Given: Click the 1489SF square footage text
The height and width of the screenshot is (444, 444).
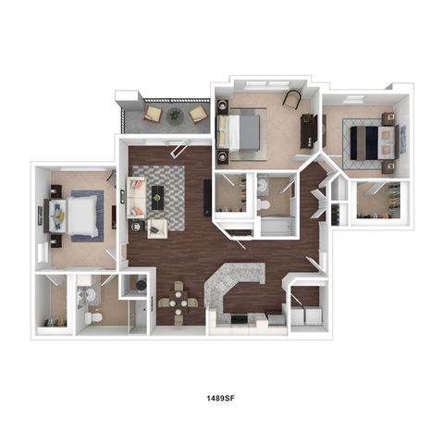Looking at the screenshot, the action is pyautogui.click(x=221, y=398).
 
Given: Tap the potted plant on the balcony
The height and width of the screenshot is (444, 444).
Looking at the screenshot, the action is pyautogui.click(x=175, y=116).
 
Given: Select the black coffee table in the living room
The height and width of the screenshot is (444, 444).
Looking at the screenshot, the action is pyautogui.click(x=157, y=197).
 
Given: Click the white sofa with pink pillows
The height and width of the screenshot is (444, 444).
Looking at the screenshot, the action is pyautogui.click(x=136, y=198).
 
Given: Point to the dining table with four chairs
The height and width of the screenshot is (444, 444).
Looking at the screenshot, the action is pyautogui.click(x=179, y=303).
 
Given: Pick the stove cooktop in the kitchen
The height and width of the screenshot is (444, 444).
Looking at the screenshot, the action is pyautogui.click(x=240, y=319).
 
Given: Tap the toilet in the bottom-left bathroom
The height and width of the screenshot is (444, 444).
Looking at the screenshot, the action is pyautogui.click(x=93, y=317).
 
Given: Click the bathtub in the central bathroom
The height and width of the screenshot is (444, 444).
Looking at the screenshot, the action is pyautogui.click(x=276, y=226).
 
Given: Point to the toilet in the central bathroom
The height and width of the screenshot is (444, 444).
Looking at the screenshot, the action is pyautogui.click(x=264, y=204).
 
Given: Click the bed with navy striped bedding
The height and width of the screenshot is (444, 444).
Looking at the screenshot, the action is pyautogui.click(x=373, y=142).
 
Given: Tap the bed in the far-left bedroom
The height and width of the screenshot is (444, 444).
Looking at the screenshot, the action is pyautogui.click(x=71, y=216).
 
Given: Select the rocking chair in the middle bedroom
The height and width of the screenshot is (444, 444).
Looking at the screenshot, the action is pyautogui.click(x=291, y=99).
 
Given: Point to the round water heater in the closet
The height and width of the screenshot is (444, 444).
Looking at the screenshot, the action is pyautogui.click(x=141, y=285).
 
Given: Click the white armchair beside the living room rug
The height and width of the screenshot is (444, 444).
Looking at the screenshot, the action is pyautogui.click(x=157, y=228).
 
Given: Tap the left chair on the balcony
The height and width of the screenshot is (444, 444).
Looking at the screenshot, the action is pyautogui.click(x=154, y=114).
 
